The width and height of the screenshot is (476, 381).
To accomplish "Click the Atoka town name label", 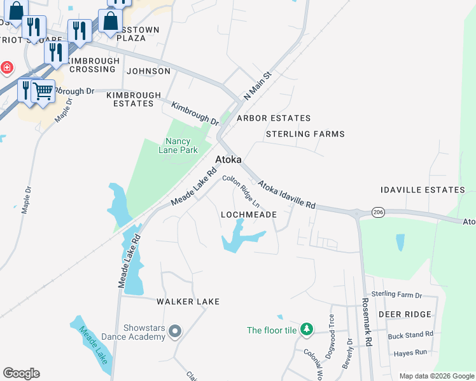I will [228, 160].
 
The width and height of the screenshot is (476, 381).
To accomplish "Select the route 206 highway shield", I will [379, 212].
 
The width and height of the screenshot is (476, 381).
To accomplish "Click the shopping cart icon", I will [43, 91].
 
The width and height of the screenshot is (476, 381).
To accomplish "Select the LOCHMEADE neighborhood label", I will [248, 215].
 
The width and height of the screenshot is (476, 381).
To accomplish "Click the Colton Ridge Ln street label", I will [241, 191].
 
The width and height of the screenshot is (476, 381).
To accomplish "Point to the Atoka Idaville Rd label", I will [286, 195].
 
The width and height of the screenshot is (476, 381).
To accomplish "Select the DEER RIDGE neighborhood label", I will [405, 314].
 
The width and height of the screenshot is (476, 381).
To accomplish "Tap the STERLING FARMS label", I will [305, 134].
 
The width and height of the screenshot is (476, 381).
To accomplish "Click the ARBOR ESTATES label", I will [274, 118].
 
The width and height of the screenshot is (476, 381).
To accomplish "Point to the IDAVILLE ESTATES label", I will [423, 190].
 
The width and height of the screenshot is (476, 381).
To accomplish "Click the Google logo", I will [21, 373].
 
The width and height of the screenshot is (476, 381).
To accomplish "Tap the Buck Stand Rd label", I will [410, 334].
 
